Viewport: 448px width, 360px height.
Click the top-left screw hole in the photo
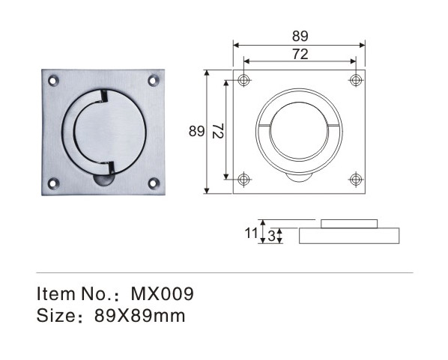pos(53,80)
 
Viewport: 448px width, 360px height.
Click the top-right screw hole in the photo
pos(154,80)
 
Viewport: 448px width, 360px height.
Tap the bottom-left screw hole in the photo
pos(53,183)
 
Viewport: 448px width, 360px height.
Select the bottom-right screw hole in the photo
pos(154,183)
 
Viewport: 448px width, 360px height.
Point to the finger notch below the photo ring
pos(103,180)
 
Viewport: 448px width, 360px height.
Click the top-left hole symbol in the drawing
pos(243,80)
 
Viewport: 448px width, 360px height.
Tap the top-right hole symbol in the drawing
pos(355,80)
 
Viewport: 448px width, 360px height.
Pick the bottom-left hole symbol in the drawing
pos(243,180)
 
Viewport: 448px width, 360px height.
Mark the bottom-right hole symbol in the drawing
pos(355,180)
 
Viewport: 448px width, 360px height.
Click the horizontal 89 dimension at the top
pos(300,36)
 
